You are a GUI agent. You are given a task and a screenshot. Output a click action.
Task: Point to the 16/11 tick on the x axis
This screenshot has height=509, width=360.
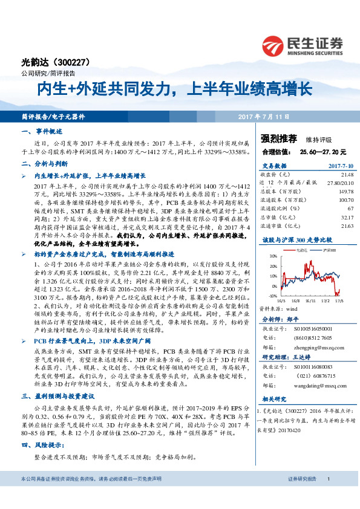[x=309, y=299]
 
